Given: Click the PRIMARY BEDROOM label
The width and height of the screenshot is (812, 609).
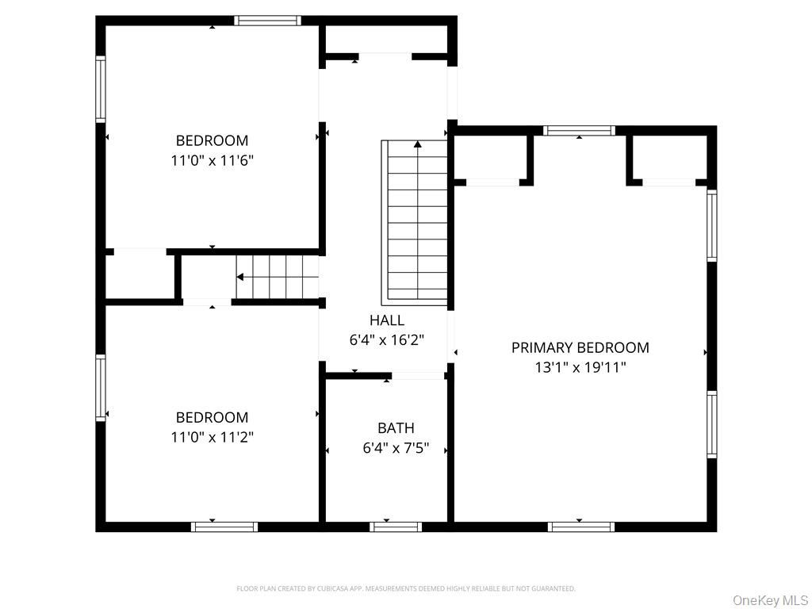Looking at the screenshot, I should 580,347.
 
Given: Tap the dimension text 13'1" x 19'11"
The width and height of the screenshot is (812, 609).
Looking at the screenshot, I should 580,367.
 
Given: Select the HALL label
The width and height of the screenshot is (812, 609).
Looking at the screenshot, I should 386,320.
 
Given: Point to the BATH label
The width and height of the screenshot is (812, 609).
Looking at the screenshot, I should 396,428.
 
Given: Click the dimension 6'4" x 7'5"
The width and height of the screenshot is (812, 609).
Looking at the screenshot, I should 396,448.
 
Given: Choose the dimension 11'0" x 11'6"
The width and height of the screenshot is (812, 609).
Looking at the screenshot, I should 212,160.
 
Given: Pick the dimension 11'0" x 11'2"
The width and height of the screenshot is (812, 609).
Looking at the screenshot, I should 212,437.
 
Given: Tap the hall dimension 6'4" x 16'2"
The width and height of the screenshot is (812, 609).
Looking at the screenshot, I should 386,340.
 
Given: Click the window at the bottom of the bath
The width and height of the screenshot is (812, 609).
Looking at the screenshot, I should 396,526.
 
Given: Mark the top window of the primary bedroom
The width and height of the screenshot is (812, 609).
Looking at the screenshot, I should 580,131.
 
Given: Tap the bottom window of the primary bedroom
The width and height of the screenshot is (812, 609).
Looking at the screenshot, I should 580,526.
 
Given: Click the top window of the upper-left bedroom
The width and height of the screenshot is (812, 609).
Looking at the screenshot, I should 268,21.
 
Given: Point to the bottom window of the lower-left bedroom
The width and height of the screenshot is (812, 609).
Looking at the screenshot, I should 224,526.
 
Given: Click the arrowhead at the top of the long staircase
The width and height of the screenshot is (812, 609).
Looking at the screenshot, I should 417,144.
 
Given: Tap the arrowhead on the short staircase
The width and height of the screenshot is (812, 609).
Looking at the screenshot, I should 239,277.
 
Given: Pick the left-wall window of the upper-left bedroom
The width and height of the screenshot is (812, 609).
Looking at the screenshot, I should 101,88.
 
